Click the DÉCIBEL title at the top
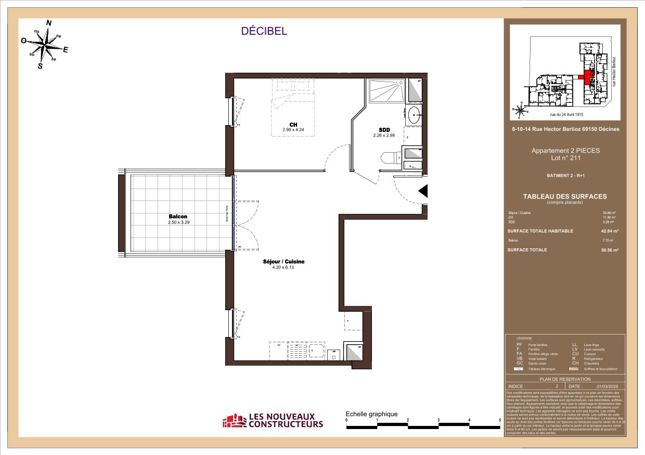point(264,31)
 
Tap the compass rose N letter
point(49,23)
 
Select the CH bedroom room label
point(293,124)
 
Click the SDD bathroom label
point(384,130)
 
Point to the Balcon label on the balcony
point(177,217)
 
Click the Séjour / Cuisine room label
point(283,262)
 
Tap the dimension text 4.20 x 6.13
point(283,267)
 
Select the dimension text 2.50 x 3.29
point(177,222)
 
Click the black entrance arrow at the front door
point(423,191)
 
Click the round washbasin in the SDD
point(415,116)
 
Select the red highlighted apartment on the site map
point(587,77)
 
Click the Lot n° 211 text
point(565,158)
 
